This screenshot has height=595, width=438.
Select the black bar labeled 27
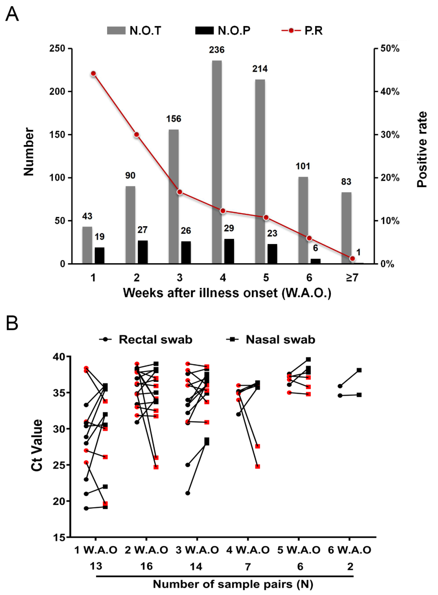coord(143,252)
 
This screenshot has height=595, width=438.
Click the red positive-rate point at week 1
coord(93,74)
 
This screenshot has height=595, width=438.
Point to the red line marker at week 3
coord(180,192)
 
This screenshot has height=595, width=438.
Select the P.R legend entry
coord(303,30)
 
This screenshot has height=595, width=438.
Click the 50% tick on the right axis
coord(390,48)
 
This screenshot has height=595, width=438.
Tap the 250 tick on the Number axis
coord(57,48)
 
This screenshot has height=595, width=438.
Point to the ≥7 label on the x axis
coord(352,278)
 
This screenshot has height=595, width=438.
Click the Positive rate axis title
coord(422,149)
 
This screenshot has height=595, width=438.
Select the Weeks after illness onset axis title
coord(227,293)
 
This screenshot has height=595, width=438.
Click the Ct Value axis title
coord(37,445)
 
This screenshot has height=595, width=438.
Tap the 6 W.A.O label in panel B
coord(350,550)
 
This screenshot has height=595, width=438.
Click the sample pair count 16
coord(146,566)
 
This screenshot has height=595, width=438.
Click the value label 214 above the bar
coord(260,69)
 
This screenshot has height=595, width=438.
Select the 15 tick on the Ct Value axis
coord(59,537)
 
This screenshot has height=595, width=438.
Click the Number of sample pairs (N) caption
coord(233,584)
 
